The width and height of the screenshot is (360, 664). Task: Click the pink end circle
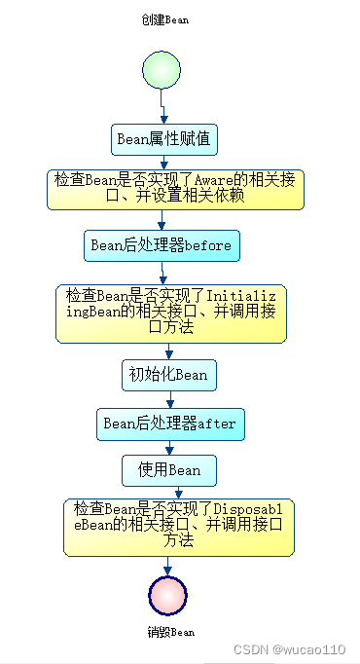pos(167,595)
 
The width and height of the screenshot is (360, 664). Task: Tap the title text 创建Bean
pos(164,18)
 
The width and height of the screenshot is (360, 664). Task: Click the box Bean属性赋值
pos(162,139)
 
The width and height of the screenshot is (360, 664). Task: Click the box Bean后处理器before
pos(162,245)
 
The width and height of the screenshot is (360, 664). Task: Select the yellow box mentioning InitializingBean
pos(171,312)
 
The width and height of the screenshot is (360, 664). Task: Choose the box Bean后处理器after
pos(169,424)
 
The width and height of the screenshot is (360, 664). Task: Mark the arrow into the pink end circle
pos(168,566)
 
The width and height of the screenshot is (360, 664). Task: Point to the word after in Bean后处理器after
pos(217,424)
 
